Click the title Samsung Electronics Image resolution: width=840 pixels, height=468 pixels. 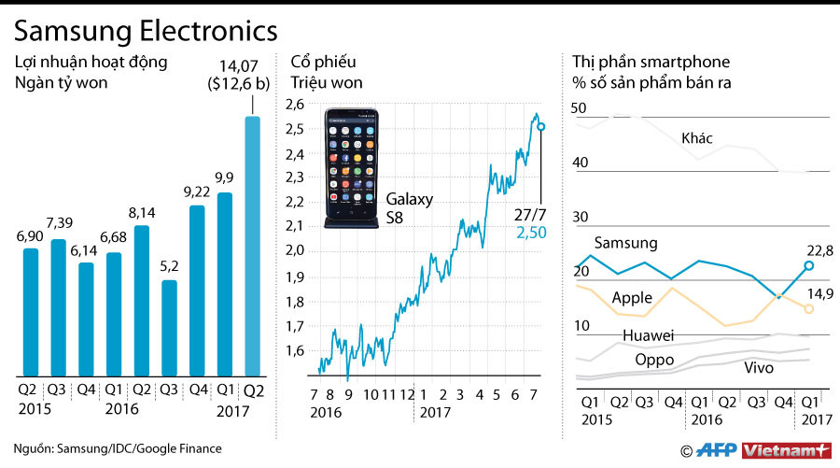(x=146, y=30)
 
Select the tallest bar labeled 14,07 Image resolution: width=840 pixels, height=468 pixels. (x=252, y=245)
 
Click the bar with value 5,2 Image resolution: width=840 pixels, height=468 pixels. (x=170, y=327)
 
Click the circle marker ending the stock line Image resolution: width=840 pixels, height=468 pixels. (x=541, y=126)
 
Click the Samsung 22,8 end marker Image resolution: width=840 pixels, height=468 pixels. (x=808, y=266)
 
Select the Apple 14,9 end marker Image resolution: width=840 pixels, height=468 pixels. (x=808, y=308)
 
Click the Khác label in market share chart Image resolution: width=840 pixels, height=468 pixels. (x=697, y=138)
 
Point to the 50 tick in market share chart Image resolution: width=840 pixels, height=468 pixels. (x=579, y=108)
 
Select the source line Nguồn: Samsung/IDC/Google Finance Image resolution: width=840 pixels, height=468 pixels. (x=118, y=448)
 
